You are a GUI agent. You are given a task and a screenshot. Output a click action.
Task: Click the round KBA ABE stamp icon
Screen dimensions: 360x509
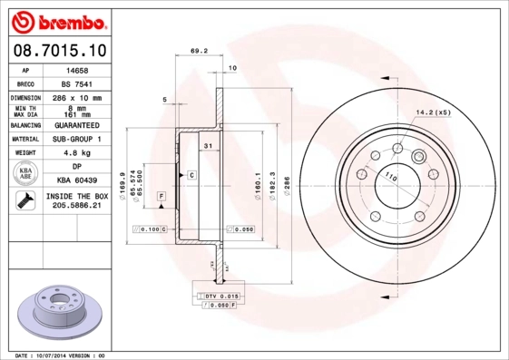pos(26,173)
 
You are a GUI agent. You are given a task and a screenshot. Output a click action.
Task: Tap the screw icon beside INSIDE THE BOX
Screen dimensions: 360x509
pos(25,201)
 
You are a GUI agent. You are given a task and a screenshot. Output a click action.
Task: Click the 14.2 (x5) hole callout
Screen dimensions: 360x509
pos(433,112)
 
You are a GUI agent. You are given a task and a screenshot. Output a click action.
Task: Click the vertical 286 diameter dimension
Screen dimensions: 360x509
pos(288,172)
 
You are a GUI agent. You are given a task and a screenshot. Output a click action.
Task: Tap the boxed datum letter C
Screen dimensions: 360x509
pos(191,173)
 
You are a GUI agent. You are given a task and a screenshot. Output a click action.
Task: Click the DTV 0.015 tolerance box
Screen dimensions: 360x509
pos(218,297)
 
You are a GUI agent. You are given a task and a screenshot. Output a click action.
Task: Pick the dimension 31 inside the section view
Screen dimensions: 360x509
pos(207,146)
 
